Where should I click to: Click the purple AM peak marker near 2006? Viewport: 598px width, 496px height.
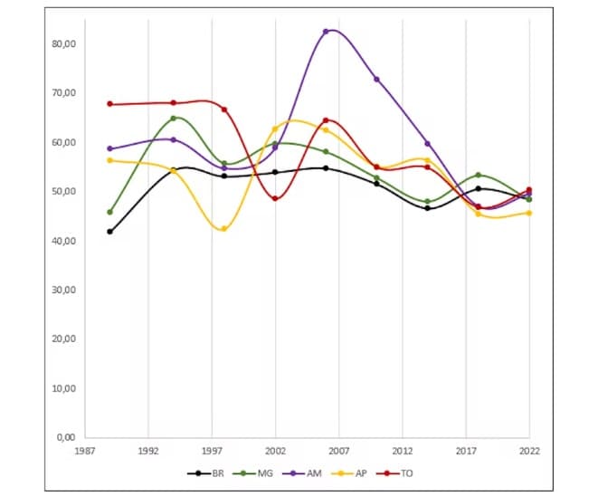click(x=326, y=31)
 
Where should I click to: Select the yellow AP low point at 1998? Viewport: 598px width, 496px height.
click(x=223, y=229)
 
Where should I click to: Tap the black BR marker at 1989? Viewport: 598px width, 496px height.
click(x=109, y=232)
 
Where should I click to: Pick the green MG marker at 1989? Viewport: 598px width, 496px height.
click(x=109, y=212)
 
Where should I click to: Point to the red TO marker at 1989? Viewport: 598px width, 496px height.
click(x=109, y=104)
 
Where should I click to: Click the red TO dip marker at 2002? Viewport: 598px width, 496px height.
click(x=275, y=198)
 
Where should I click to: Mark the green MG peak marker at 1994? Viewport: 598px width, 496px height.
click(x=174, y=118)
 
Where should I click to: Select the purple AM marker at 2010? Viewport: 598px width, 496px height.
click(x=376, y=79)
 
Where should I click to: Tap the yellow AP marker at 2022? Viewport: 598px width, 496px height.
click(x=529, y=213)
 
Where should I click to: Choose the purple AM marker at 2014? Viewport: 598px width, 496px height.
click(x=427, y=144)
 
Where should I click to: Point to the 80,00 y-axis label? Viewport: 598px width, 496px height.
click(x=64, y=43)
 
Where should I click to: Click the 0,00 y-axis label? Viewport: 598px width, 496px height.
click(x=66, y=438)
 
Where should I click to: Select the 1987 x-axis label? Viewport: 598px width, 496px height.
click(x=85, y=450)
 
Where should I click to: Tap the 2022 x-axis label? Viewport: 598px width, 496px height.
click(x=529, y=450)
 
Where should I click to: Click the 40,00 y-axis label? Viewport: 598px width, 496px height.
click(x=64, y=241)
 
